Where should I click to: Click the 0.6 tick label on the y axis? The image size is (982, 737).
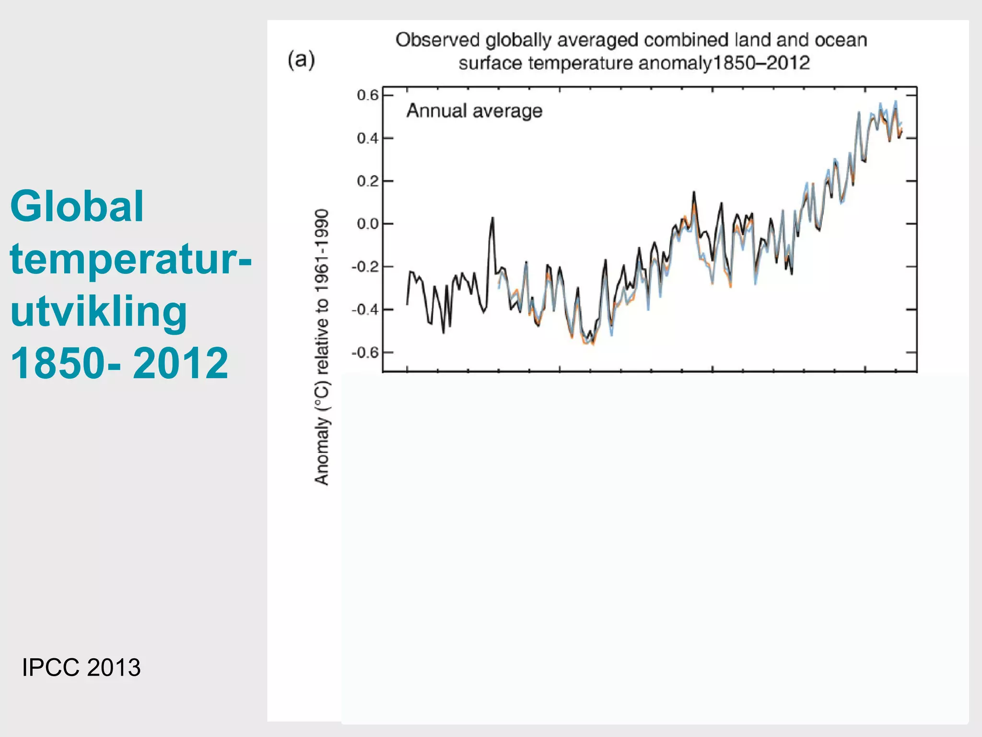(368, 95)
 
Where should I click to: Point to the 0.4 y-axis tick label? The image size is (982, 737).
(368, 139)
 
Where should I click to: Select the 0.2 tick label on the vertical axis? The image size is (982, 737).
(368, 181)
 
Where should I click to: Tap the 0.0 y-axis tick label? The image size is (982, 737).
(368, 224)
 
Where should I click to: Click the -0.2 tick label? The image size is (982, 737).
(365, 267)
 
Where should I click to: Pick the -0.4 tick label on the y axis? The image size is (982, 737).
(365, 309)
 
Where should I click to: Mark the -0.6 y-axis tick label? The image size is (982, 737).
(365, 353)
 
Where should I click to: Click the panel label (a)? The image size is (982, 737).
(301, 60)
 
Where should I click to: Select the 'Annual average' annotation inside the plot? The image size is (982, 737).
(474, 111)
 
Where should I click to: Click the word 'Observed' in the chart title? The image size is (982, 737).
(437, 40)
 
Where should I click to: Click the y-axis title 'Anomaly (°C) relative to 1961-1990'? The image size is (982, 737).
(322, 347)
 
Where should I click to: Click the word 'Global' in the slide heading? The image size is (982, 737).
(77, 206)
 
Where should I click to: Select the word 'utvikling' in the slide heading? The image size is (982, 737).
(98, 311)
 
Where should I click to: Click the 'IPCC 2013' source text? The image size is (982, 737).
(81, 667)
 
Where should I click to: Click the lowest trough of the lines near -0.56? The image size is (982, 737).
(593, 344)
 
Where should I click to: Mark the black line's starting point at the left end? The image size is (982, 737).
(407, 304)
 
